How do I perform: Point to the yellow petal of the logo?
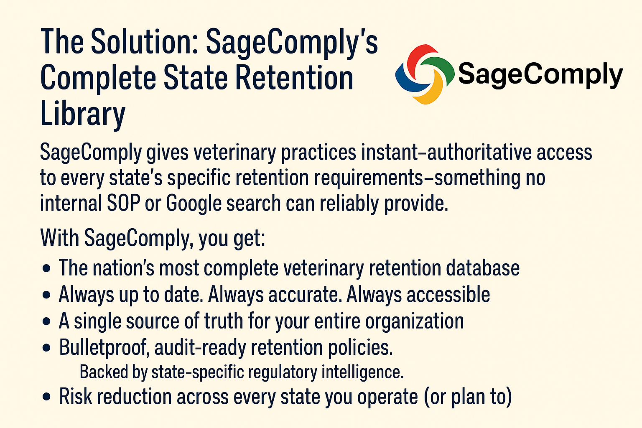(x=430, y=90)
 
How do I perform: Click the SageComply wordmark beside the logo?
(x=540, y=75)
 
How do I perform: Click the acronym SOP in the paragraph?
(x=123, y=203)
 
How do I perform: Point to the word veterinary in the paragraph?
(x=234, y=153)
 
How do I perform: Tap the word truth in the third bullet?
(x=223, y=321)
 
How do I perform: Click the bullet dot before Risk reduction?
(x=46, y=397)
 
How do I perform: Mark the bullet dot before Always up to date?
(x=46, y=295)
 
